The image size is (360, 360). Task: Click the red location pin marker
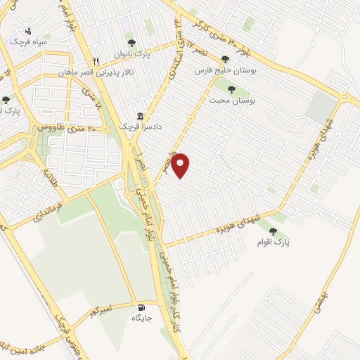point(181,166)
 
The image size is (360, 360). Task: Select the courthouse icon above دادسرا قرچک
point(141,116)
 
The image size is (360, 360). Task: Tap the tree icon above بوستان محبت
point(232,89)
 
